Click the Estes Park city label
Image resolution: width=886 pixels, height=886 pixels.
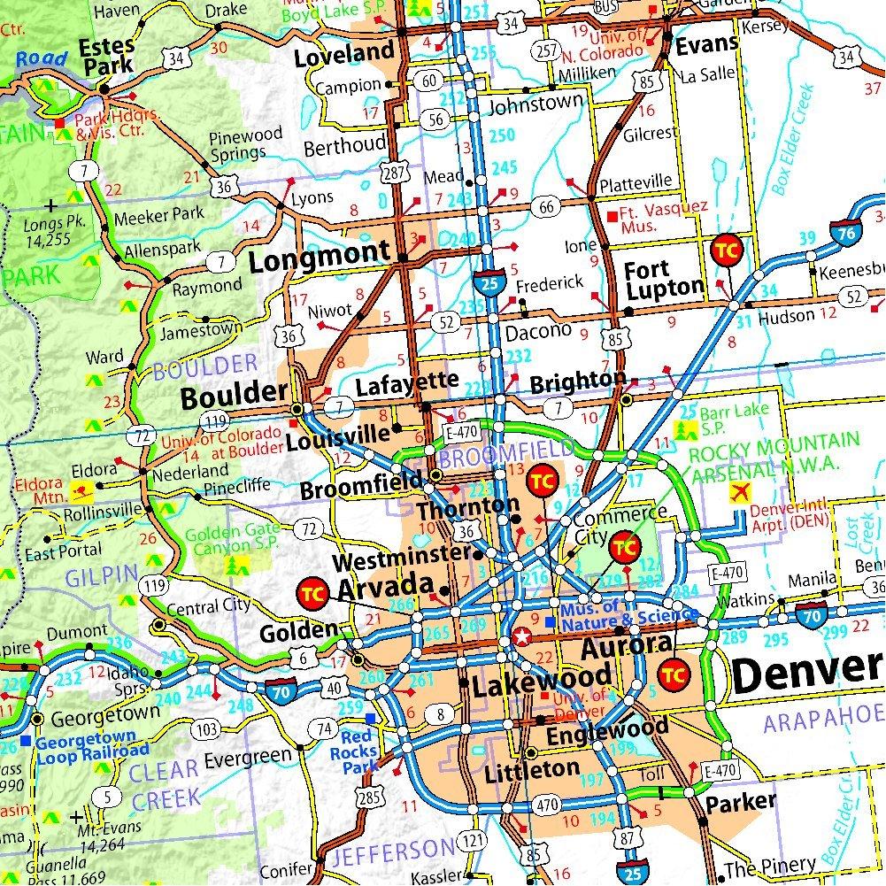pos(104,55)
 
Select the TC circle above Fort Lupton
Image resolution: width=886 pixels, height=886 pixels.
pos(724,250)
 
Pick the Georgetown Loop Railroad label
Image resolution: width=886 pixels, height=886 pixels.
pos(86,744)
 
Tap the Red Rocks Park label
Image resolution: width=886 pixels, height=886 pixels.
pos(359,751)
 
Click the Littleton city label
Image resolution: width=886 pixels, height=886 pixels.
pos(532,769)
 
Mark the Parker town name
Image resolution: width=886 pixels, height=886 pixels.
pos(740,803)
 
